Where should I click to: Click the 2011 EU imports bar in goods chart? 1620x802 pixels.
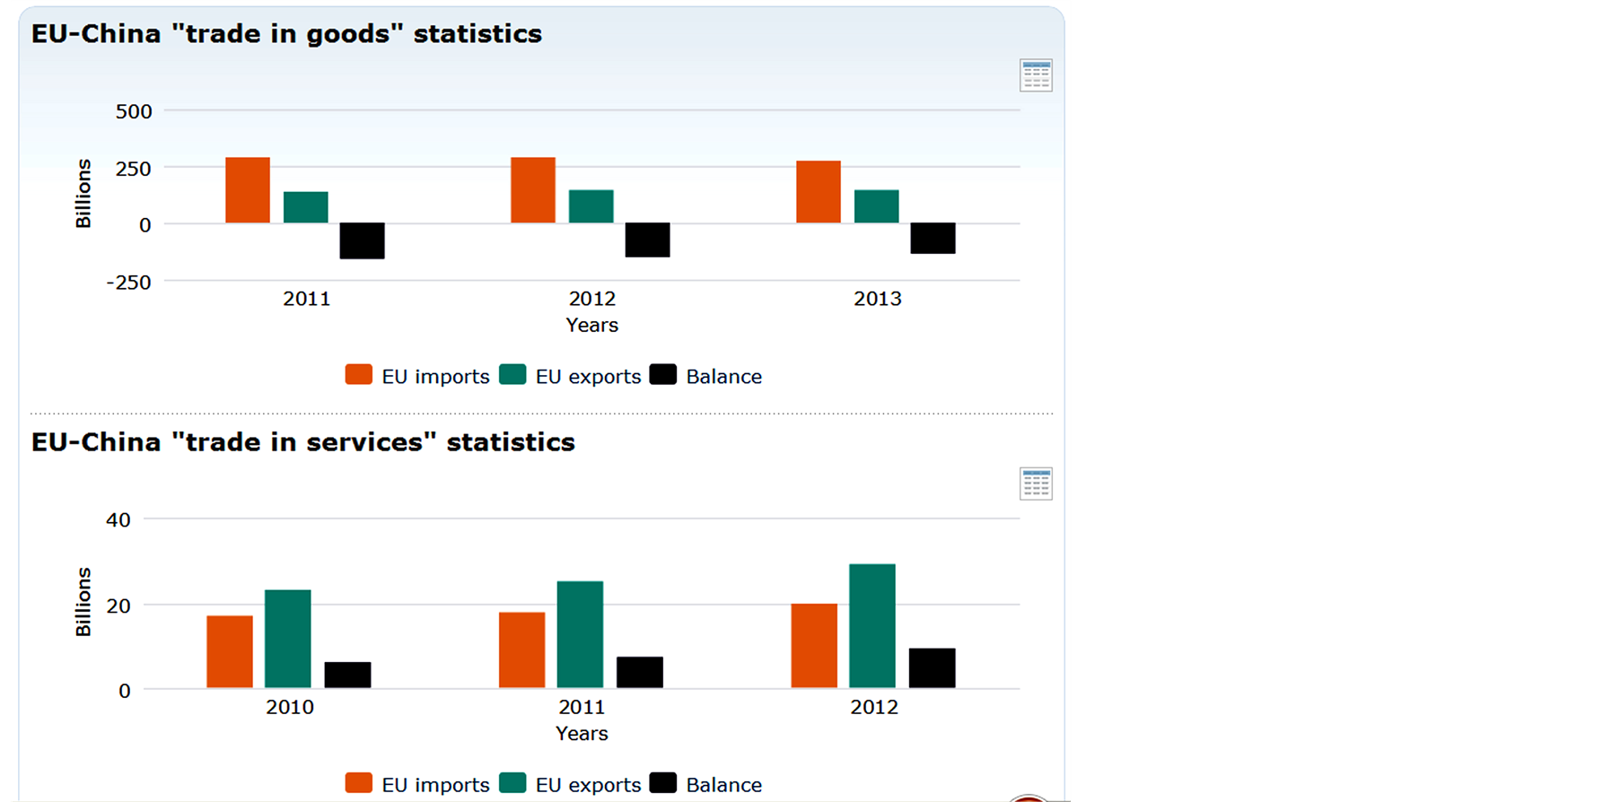[248, 190]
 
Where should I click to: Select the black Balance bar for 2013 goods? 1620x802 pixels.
[933, 238]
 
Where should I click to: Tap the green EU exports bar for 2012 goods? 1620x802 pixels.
[591, 206]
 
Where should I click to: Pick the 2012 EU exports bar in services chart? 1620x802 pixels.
[872, 626]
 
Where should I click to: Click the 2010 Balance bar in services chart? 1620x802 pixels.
[347, 675]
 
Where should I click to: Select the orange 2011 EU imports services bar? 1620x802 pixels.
[521, 650]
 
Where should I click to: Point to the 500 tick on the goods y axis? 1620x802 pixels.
[134, 111]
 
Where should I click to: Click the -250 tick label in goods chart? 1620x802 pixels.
[128, 282]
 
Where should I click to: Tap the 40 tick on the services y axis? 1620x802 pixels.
[118, 519]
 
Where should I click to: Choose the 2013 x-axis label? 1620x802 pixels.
[877, 299]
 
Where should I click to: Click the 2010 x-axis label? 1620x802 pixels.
[290, 707]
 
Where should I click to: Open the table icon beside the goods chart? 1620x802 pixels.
[1036, 76]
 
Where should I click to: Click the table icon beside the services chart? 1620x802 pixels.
[1036, 484]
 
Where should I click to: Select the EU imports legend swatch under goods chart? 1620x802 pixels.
[359, 375]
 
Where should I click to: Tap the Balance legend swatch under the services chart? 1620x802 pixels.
[662, 783]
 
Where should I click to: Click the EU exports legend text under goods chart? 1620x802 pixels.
[588, 377]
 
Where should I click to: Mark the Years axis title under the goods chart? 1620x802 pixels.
[591, 325]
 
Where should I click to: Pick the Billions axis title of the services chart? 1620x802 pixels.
[83, 602]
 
